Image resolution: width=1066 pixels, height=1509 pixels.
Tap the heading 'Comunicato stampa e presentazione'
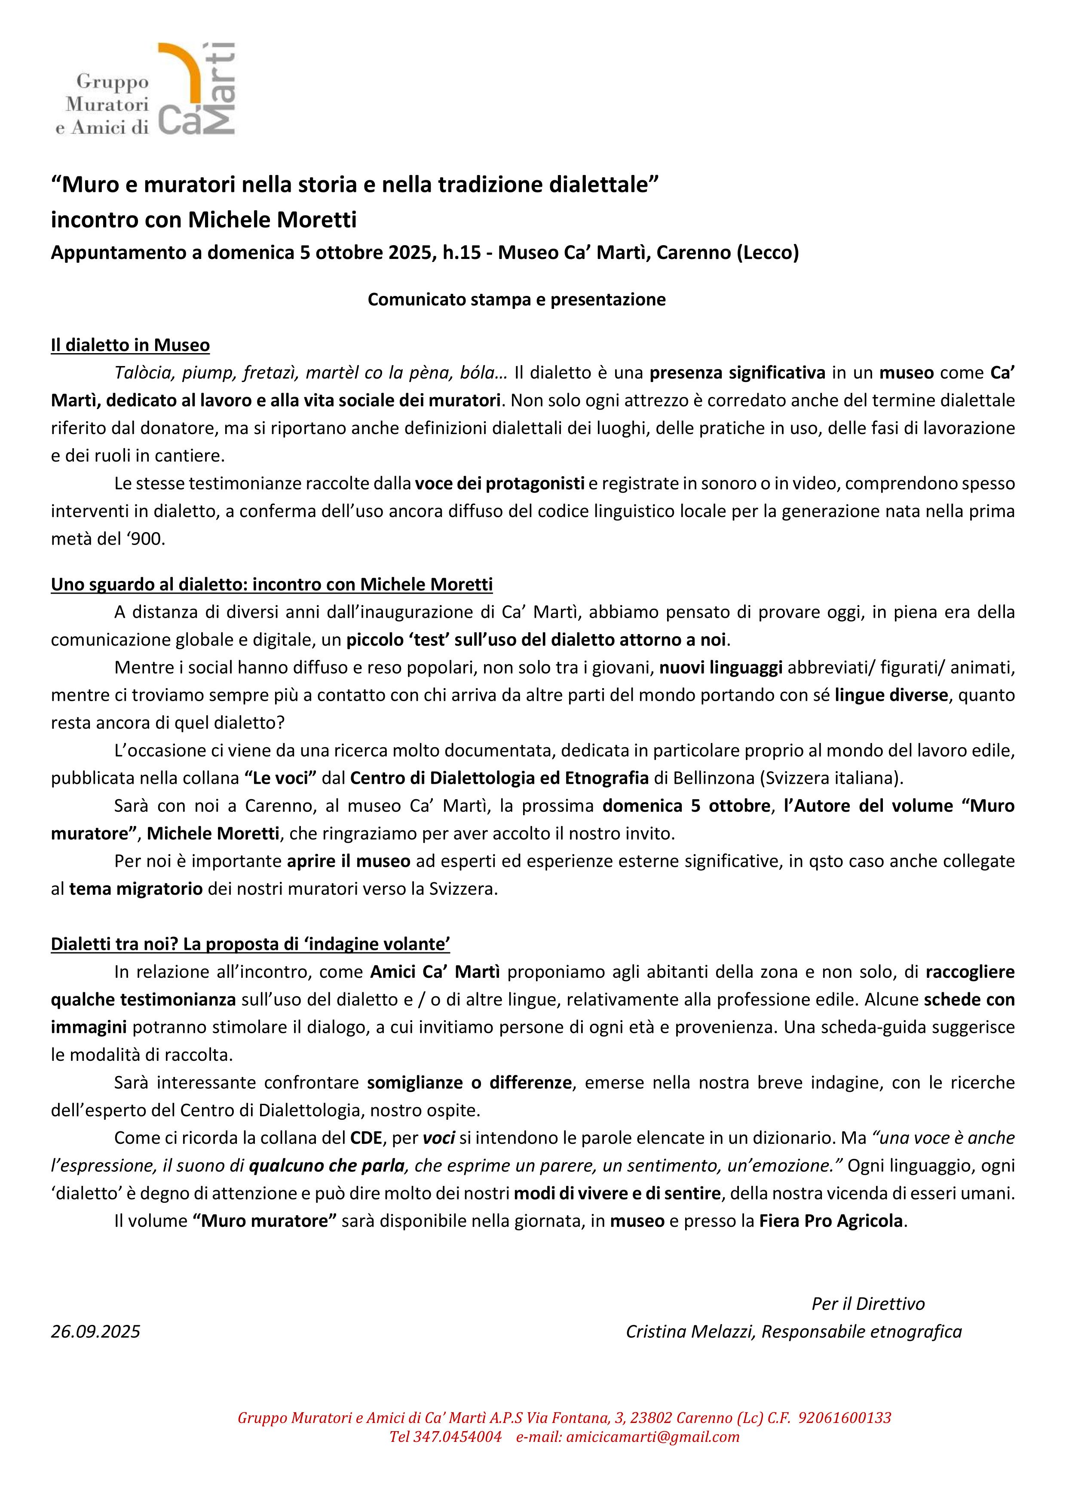(x=516, y=300)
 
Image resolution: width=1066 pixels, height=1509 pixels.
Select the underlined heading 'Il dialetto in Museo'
(x=130, y=345)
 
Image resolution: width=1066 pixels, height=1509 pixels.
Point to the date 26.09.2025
(x=96, y=1331)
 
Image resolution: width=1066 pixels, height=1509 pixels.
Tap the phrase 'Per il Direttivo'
(x=868, y=1303)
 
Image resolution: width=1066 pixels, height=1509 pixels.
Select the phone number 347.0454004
(x=457, y=1436)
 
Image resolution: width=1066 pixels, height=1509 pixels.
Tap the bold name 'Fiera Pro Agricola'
(x=831, y=1220)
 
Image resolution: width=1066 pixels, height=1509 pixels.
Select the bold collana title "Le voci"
(x=280, y=778)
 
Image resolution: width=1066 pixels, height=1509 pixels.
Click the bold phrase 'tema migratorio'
(x=136, y=889)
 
